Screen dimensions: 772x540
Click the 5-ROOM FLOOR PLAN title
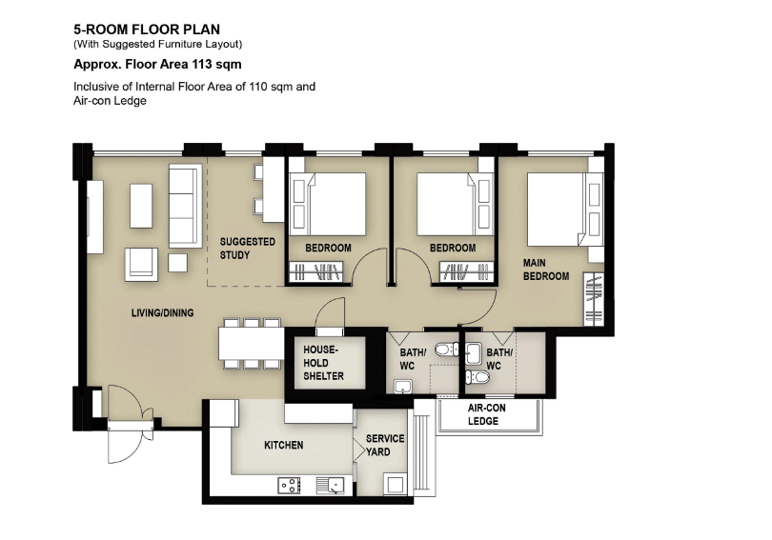pos(147,30)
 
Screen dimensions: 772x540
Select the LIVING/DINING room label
pos(162,312)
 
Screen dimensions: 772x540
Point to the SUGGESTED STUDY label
pos(247,249)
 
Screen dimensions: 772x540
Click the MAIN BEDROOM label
pos(546,270)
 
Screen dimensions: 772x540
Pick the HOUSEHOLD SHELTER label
pos(323,363)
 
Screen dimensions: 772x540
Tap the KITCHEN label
pos(284,445)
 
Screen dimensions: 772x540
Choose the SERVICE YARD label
pos(385,445)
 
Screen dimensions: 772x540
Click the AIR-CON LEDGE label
pos(486,414)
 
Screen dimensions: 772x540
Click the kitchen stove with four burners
pos(290,486)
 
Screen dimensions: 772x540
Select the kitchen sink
pos(330,486)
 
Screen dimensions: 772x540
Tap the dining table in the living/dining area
pos(252,343)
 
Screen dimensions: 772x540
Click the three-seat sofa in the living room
pos(186,206)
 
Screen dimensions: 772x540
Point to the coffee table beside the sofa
pos(141,206)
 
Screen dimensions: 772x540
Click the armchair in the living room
pos(141,264)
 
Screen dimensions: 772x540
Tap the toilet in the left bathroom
pos(446,350)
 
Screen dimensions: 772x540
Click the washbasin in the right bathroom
pos(473,354)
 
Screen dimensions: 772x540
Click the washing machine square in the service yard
pos(396,485)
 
